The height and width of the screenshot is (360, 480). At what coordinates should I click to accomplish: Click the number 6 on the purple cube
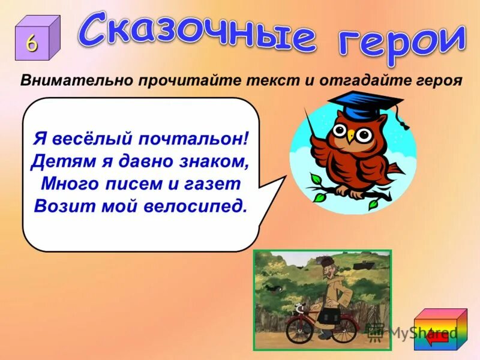(x=32, y=43)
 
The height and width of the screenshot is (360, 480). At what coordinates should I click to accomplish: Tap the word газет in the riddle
(x=214, y=182)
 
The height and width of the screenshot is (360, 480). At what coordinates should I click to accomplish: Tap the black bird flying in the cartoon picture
(x=275, y=289)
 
